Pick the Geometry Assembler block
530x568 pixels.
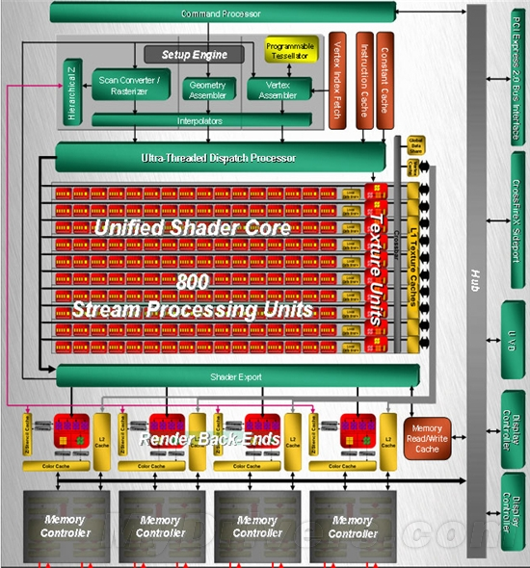click(x=207, y=87)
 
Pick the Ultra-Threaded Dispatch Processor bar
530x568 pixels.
click(x=216, y=157)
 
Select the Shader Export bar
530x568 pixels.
click(x=237, y=376)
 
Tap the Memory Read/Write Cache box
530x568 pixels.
click(x=427, y=437)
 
